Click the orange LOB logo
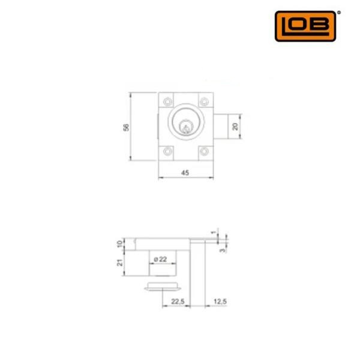pos(305,26)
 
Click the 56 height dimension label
pos(126,127)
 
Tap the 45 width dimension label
pos(185,173)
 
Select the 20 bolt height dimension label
pos(235,127)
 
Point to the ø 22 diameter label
pos(160,259)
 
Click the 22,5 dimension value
pos(178,301)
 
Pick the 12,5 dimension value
pos(220,301)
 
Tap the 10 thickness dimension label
pos(119,244)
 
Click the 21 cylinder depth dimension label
pos(119,263)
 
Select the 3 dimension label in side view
pos(222,250)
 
